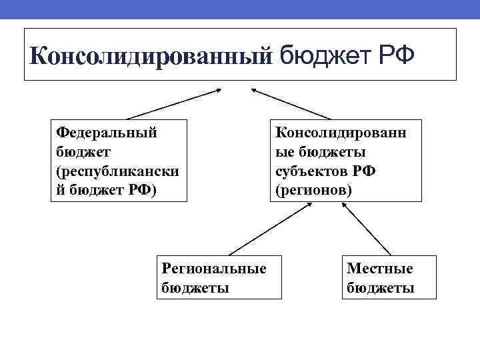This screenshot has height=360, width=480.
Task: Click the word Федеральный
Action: tap(107, 132)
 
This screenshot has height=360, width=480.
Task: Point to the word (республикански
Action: tap(117, 171)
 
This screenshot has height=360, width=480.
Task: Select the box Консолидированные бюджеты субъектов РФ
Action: tap(345, 160)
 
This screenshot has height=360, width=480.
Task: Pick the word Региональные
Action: tap(214, 268)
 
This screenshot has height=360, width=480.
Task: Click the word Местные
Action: tap(380, 268)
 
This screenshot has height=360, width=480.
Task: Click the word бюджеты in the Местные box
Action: tap(381, 288)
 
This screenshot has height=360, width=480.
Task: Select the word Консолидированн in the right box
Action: tap(340, 132)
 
